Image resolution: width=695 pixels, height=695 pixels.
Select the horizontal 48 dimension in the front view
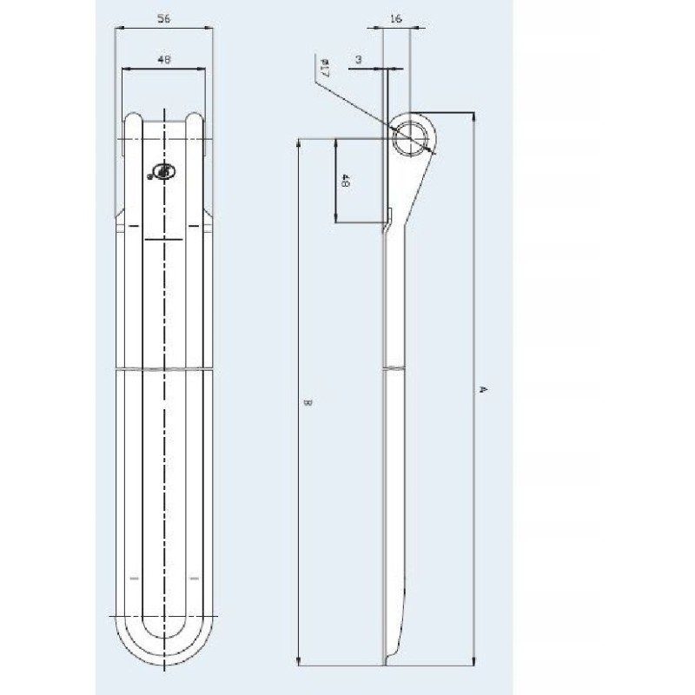point(164,59)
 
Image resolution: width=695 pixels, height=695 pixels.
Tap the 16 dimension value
point(396,17)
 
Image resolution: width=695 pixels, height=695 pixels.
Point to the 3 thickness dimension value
point(358,59)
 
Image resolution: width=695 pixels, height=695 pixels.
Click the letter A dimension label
point(484,391)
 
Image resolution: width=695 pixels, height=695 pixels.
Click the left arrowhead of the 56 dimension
point(119,28)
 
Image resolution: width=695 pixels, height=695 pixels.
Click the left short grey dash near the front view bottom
point(133,577)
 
